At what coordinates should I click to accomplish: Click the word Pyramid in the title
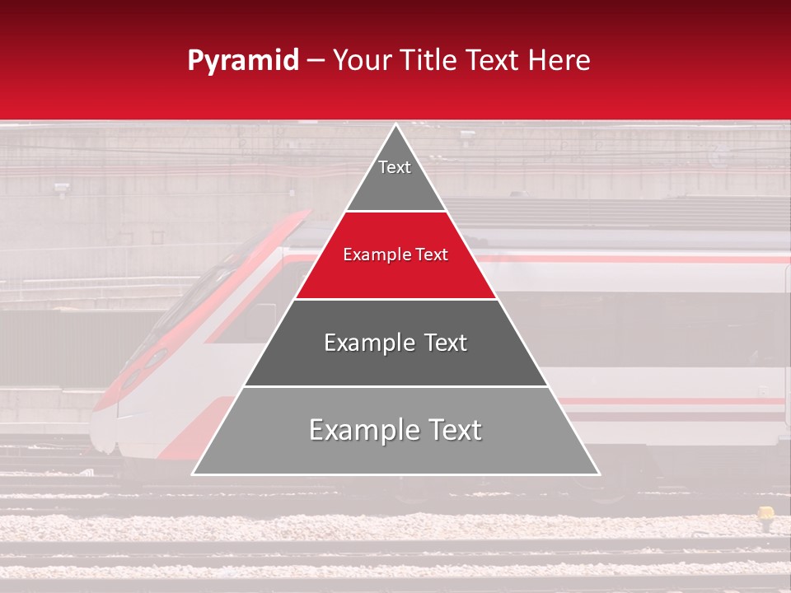click(x=243, y=61)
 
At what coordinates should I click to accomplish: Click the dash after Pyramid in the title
click(x=316, y=62)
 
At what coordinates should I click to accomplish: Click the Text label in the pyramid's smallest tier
click(x=395, y=167)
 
